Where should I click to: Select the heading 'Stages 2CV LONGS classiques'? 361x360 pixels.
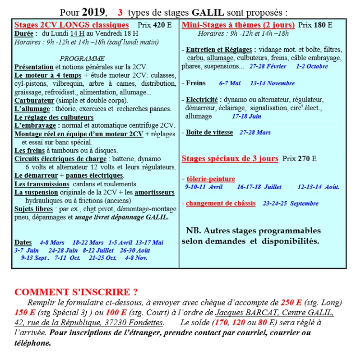72,25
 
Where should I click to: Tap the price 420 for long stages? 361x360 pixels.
159,25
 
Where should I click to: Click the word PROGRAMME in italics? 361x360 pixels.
82,59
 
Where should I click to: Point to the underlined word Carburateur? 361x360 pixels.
34,100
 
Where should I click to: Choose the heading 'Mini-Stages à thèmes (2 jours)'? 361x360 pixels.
238,25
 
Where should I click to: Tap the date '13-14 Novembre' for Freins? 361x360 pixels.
272,83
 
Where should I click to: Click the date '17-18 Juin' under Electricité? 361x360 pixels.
247,116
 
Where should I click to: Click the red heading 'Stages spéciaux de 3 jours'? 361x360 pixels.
230,159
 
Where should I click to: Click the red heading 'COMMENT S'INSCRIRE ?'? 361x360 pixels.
76,292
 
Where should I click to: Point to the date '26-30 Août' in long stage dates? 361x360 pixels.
135,250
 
